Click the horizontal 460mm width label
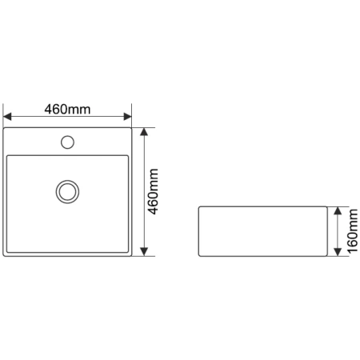pos(67,110)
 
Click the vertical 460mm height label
pos(154,191)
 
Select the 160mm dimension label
pos(352,231)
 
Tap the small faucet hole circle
pos(67,142)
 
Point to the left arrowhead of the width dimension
pos(7,117)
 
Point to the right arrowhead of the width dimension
pos(128,117)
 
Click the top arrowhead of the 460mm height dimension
pos(144,132)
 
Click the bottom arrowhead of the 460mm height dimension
pos(144,252)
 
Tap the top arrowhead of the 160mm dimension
pos(338,210)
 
